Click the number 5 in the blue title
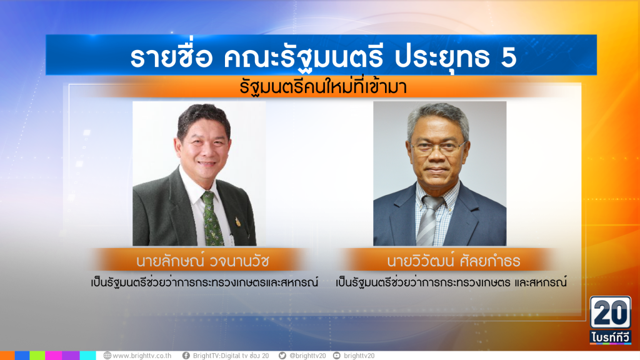pos(509,57)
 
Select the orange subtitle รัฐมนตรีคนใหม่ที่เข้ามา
pos(323,87)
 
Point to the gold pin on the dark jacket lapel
pos(237,222)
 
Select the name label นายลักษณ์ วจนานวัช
pos(202,261)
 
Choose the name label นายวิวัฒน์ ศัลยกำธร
pos(454,261)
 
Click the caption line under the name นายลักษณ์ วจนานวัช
pos(204,282)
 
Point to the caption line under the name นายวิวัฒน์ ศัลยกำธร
pos(451,282)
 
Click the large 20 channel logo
pos(610,312)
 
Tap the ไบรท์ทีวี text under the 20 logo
pos(610,337)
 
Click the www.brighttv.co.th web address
pos(142,356)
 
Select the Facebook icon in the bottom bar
pos(186,356)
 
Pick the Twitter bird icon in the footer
pos(282,356)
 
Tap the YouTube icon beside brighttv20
pos(337,356)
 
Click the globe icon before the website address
pos(107,356)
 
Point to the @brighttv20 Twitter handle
pos(307,356)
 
